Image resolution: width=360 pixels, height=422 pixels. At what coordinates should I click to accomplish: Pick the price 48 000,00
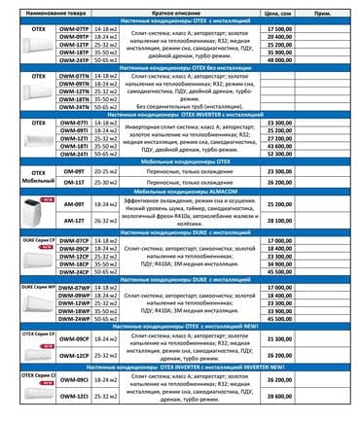[x=278, y=58]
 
